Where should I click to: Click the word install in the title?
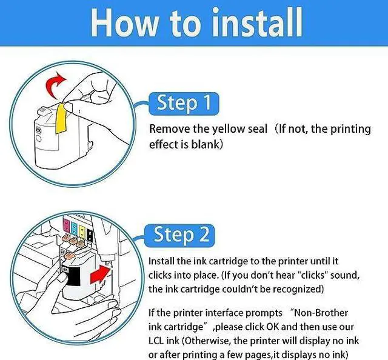point(257,23)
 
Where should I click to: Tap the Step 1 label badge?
point(184,104)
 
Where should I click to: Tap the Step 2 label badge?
point(179,235)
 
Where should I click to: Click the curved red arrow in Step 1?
point(55,85)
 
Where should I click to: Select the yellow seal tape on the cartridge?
point(61,118)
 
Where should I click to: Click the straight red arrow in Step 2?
point(99,274)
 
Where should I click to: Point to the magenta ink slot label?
point(66,224)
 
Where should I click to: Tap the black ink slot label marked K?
point(90,236)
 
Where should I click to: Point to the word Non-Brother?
point(320,313)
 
